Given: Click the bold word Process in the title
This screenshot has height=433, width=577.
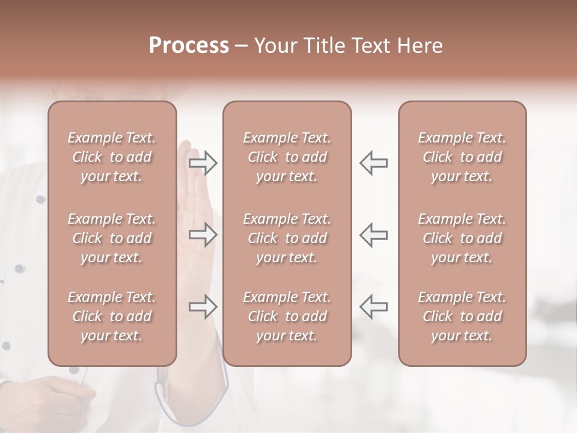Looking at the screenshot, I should click(x=189, y=46).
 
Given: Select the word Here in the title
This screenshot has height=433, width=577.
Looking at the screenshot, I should click(x=420, y=46).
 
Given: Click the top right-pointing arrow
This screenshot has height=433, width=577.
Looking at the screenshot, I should click(x=203, y=163).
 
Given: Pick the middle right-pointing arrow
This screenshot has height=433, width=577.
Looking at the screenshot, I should click(x=203, y=234).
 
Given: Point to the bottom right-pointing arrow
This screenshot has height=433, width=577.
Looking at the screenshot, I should click(x=203, y=307).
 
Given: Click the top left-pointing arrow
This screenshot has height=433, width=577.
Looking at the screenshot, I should click(x=374, y=163).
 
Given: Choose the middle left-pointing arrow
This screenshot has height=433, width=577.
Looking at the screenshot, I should click(x=374, y=234).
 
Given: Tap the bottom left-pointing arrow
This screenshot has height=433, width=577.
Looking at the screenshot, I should click(x=374, y=307).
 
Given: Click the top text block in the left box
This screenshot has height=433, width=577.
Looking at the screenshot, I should click(x=112, y=157).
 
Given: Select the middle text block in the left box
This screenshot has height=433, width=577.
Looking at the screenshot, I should click(x=112, y=238).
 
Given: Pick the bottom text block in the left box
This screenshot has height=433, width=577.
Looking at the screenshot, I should click(x=112, y=316).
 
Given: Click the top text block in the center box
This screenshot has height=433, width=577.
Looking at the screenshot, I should click(x=287, y=157).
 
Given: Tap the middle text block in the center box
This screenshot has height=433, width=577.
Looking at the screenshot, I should click(x=287, y=238).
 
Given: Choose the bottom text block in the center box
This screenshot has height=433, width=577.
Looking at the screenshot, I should click(x=287, y=316).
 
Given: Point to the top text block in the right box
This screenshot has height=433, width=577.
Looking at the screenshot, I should click(x=462, y=157).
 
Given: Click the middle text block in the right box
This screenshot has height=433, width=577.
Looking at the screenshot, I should click(x=462, y=238).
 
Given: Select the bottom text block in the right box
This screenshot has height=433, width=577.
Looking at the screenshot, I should click(x=462, y=316).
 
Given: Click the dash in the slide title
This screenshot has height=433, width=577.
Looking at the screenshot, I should click(x=242, y=46).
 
